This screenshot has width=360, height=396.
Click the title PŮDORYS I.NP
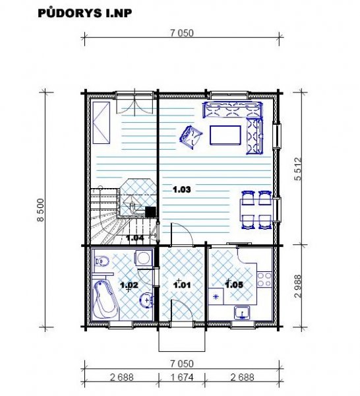coord(85,13)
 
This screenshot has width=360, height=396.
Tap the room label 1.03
coord(181,189)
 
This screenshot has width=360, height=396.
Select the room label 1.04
coord(135,238)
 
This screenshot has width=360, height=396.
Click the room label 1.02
coord(129,285)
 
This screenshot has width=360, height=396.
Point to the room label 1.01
coord(181,285)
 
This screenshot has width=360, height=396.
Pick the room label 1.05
coord(234,285)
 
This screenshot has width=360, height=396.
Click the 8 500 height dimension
coord(40,210)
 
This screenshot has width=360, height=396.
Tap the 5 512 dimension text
coord(298,169)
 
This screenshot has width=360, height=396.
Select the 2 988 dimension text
coord(298,286)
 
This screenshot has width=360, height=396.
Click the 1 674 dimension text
coord(182,378)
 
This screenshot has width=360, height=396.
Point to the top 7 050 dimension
coord(182,33)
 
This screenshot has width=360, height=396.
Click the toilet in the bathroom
coord(102,261)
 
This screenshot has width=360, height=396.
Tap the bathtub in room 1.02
coord(105,300)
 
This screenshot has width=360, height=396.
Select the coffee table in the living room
coord(225,135)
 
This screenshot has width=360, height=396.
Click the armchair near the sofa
coord(191,137)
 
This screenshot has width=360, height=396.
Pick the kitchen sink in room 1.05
coord(242,313)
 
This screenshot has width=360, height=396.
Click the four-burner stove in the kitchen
coord(264,279)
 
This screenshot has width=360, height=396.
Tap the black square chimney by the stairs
coord(150,212)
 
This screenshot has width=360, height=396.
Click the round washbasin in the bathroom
coord(146,300)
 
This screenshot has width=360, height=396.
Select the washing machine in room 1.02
coord(144,258)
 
